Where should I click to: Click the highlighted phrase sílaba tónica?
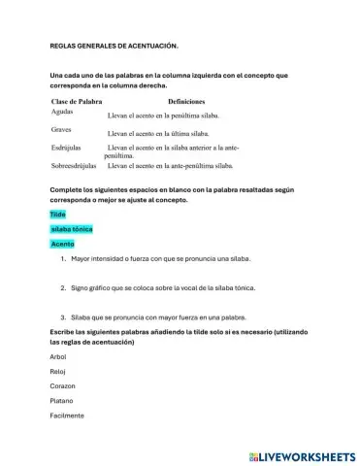point(72,228)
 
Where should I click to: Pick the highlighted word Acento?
point(62,244)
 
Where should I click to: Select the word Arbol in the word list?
point(59,356)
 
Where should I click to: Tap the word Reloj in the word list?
point(58,371)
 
